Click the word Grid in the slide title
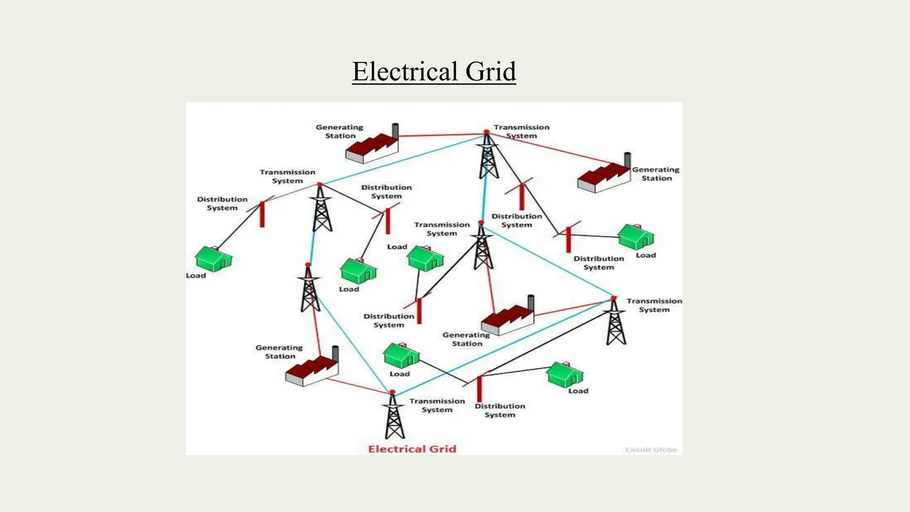tap(491, 72)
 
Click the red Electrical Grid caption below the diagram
tap(412, 449)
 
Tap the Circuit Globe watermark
tap(651, 450)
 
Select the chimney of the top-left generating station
tap(395, 131)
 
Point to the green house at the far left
tap(214, 259)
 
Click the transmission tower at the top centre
tap(488, 158)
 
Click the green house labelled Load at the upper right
tap(636, 237)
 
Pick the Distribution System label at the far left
tap(222, 204)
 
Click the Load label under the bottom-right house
tap(578, 391)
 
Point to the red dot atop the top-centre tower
tap(487, 132)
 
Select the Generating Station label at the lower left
tap(279, 352)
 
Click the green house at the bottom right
tap(565, 375)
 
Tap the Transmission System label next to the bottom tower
tap(437, 405)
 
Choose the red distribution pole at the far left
tap(262, 214)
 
